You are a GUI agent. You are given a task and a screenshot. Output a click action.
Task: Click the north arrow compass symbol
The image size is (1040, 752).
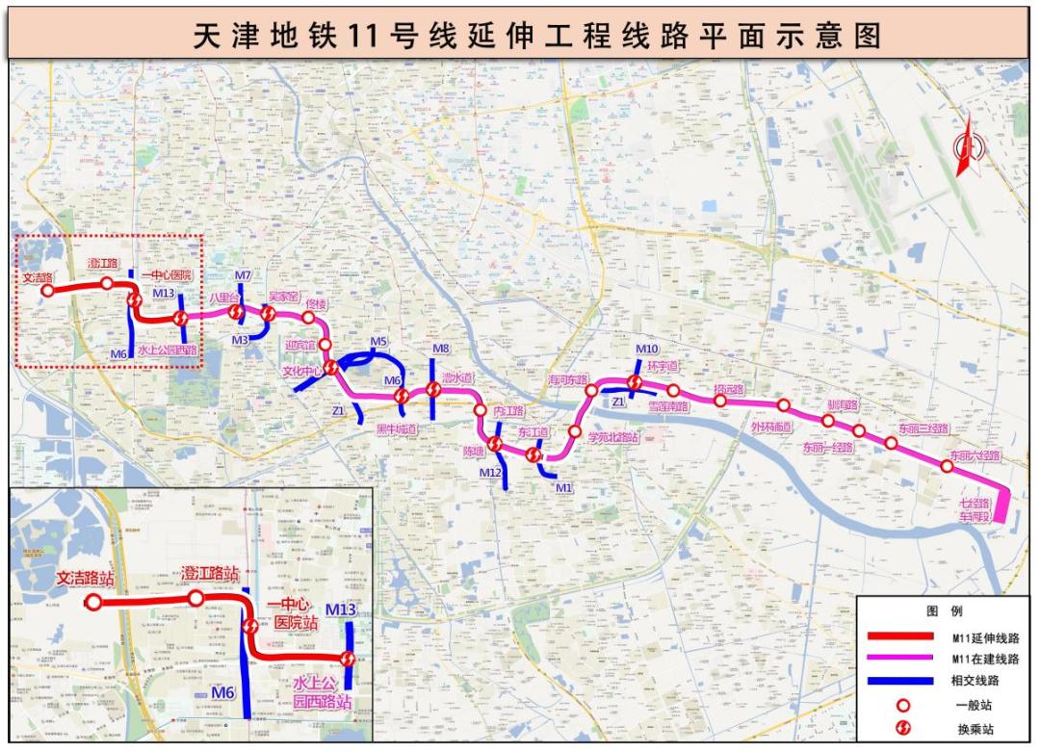pyautogui.click(x=967, y=145)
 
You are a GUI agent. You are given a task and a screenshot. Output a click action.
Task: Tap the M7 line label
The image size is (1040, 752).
pyautogui.click(x=243, y=275)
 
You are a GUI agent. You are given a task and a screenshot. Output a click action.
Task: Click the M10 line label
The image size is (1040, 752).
pyautogui.click(x=646, y=349)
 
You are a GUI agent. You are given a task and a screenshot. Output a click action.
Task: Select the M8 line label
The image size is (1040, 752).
pyautogui.click(x=441, y=349)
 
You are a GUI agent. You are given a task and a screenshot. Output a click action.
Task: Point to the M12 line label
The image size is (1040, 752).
pyautogui.click(x=490, y=473)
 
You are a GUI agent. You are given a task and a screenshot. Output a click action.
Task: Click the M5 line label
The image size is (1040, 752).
pyautogui.click(x=378, y=342)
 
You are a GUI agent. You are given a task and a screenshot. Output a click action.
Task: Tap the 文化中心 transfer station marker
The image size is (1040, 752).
pyautogui.click(x=331, y=368)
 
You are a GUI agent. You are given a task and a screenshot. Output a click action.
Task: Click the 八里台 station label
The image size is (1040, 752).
pyautogui.click(x=223, y=298)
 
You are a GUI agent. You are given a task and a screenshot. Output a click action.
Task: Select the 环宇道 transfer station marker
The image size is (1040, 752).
pyautogui.click(x=635, y=382)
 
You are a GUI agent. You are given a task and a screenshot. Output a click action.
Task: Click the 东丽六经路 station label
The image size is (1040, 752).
pyautogui.click(x=975, y=454)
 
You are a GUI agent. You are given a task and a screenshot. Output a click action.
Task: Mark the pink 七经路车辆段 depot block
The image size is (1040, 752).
pyautogui.click(x=1001, y=506)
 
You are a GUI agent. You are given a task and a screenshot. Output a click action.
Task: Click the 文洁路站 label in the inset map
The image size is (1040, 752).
pyautogui.click(x=85, y=580)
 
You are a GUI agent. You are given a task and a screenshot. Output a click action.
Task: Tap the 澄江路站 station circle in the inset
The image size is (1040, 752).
pyautogui.click(x=195, y=599)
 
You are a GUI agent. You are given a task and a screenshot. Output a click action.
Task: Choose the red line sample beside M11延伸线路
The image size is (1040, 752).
pyautogui.click(x=899, y=636)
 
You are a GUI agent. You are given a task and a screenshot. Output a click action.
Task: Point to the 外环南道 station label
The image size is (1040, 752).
pyautogui.click(x=771, y=427)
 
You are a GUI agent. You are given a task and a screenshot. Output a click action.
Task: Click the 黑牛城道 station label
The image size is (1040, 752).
pyautogui.click(x=397, y=428)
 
